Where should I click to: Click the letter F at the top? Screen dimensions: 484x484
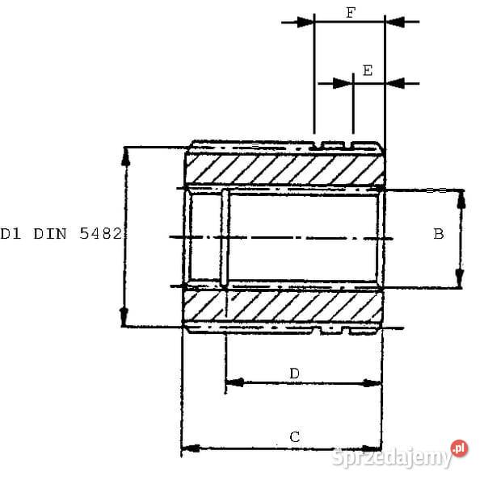point(349,13)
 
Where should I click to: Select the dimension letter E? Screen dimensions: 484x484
point(368,70)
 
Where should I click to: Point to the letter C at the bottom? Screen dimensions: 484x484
point(295,436)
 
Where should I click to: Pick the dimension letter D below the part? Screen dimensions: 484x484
point(295,373)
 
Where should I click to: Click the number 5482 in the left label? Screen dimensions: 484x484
point(101,235)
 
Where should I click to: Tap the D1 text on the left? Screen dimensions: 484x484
point(11,235)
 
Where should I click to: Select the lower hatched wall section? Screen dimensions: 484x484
point(283,306)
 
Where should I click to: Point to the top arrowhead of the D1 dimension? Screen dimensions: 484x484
point(124,155)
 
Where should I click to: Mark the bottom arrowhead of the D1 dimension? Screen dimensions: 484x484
point(124,317)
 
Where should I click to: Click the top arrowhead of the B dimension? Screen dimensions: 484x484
point(460,198)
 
